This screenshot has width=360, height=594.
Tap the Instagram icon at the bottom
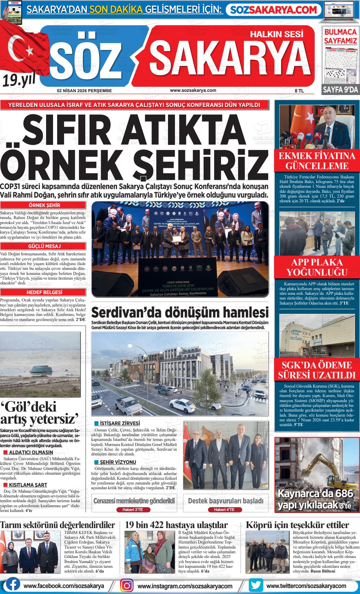[127, 585]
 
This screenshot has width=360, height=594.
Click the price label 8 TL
[299, 91]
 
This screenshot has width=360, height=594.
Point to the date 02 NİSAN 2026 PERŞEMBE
[84, 91]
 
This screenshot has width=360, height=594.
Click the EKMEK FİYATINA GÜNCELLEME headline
[317, 161]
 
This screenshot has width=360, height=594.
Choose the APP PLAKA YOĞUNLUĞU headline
[317, 267]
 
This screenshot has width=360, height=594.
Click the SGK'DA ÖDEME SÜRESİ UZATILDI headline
[317, 370]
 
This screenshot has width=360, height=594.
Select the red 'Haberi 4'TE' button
[225, 510]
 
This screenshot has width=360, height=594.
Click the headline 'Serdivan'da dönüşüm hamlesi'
[180, 313]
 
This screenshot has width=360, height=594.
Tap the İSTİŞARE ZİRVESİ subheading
[120, 424]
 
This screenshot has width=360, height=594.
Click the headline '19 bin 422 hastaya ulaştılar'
[176, 525]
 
